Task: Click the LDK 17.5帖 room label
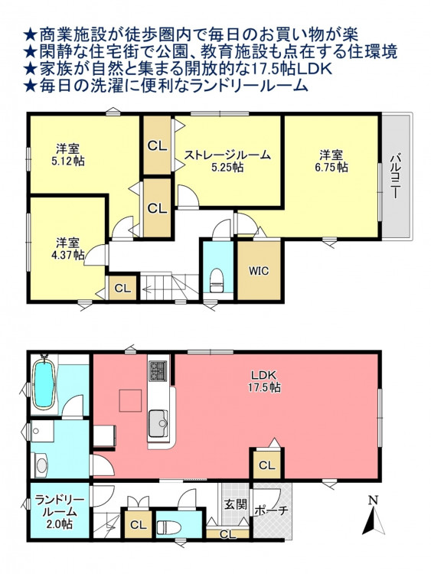265,381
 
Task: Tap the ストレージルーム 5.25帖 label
227,161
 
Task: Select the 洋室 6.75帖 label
331,161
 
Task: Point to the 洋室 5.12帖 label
67,155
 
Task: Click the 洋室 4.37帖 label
67,249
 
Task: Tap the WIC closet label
259,271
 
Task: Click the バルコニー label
395,177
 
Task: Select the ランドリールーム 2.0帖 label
59,512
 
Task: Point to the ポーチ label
271,510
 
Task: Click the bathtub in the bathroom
44,383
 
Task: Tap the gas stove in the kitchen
158,370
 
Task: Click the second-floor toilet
217,280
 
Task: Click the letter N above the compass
373,501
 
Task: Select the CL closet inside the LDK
267,465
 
